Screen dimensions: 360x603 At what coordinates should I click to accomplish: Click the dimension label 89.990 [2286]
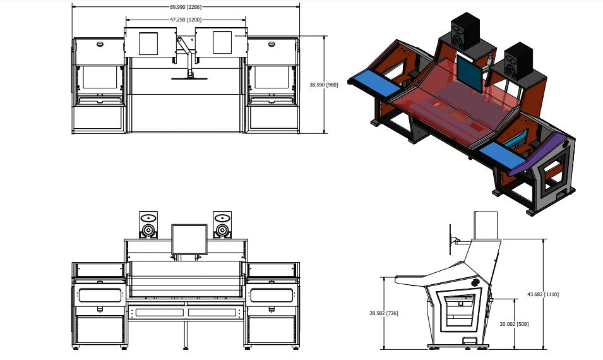click(x=186, y=7)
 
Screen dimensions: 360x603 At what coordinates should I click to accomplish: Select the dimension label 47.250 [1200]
click(x=186, y=20)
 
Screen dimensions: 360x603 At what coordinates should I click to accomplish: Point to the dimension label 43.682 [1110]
click(x=544, y=294)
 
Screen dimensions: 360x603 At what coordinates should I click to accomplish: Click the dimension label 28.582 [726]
click(x=383, y=313)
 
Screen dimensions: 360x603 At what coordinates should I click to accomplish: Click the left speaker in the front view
click(x=148, y=225)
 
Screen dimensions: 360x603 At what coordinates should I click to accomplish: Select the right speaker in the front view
click(x=222, y=225)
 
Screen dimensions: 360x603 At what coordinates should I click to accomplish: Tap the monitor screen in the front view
click(x=189, y=239)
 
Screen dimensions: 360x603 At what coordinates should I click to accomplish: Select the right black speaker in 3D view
click(x=520, y=60)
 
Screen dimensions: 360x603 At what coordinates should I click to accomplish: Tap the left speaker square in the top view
click(x=148, y=43)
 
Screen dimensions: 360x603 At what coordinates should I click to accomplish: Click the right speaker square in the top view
click(x=222, y=43)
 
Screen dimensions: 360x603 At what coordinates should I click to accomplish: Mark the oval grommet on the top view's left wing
click(x=99, y=44)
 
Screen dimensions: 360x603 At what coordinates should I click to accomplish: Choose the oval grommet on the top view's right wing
click(x=271, y=44)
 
